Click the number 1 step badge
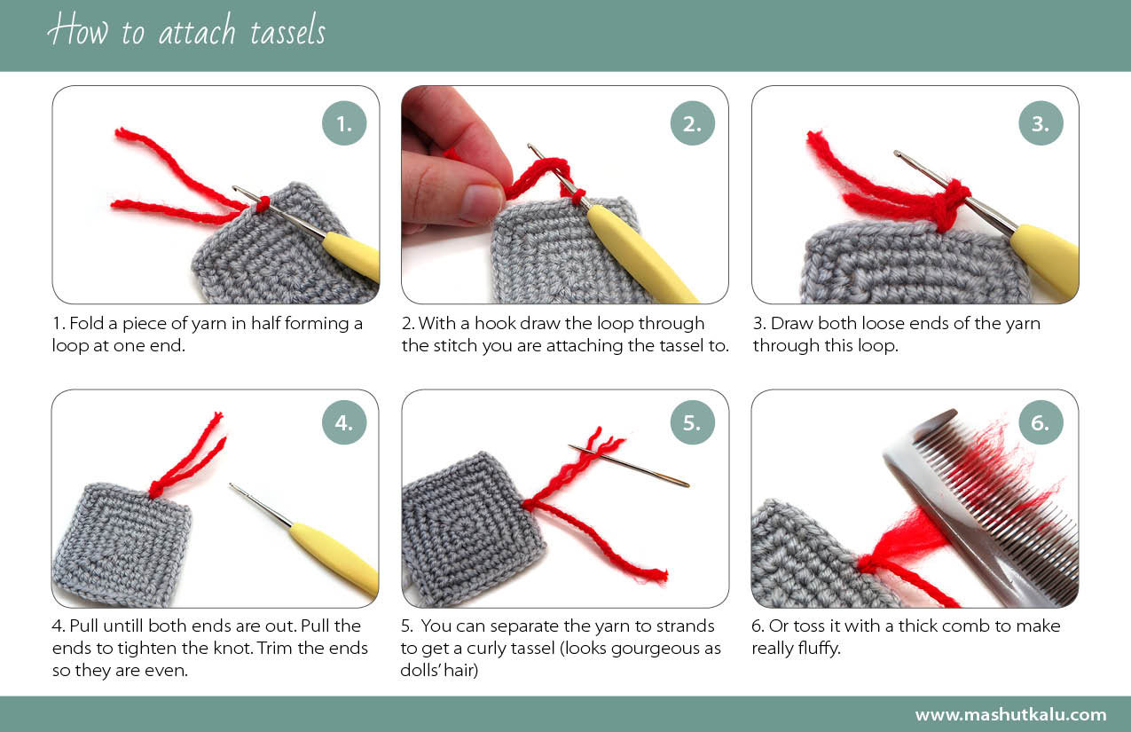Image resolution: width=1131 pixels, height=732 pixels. tap(344, 123)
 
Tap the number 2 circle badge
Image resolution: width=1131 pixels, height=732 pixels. tap(692, 123)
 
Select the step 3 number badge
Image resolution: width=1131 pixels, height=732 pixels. tap(1041, 123)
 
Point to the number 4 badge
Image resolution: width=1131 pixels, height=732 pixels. tap(344, 422)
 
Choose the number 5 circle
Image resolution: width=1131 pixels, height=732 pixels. tap(692, 422)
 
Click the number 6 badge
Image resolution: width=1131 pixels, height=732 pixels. tap(1041, 422)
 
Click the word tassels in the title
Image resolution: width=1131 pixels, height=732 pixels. tap(287, 30)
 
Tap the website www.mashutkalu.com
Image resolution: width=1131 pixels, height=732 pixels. tap(1011, 715)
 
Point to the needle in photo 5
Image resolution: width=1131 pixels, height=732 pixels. tap(629, 466)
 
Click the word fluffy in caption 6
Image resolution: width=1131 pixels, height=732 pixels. tap(819, 647)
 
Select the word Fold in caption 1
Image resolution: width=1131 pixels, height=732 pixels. tap(86, 323)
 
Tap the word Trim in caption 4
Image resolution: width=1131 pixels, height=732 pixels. tap(276, 648)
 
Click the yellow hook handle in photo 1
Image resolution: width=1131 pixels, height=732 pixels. tap(352, 256)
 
